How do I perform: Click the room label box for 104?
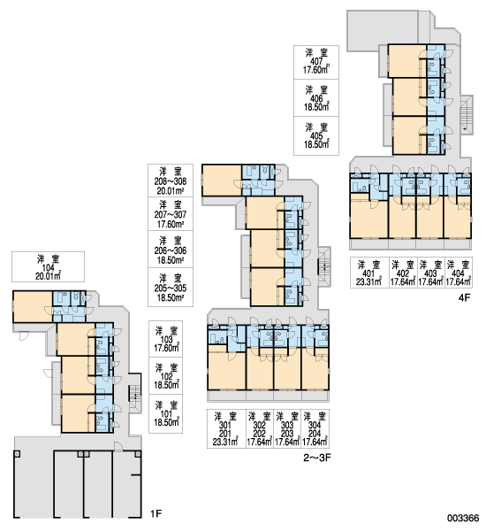coord(48,267)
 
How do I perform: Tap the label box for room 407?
coord(316,62)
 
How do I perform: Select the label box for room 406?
coord(316,98)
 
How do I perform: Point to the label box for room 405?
coord(316,136)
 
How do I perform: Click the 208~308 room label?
coord(171,181)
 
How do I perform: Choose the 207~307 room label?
coord(171,214)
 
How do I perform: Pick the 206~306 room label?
coord(171,250)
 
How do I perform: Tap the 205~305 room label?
coord(171,288)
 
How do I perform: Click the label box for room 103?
coord(166,339)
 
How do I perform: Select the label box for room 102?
coord(166,376)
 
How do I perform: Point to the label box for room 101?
coord(166,414)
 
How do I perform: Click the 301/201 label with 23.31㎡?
coord(226,428)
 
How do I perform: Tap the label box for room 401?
coord(369,273)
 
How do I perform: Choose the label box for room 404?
coord(459,273)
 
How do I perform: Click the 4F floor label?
coord(465,297)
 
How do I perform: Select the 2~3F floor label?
coord(317,458)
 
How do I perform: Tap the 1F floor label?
coord(156,514)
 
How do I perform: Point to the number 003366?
coord(463,518)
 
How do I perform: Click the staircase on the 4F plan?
coord(467,115)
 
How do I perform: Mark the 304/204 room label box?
coord(315,428)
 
